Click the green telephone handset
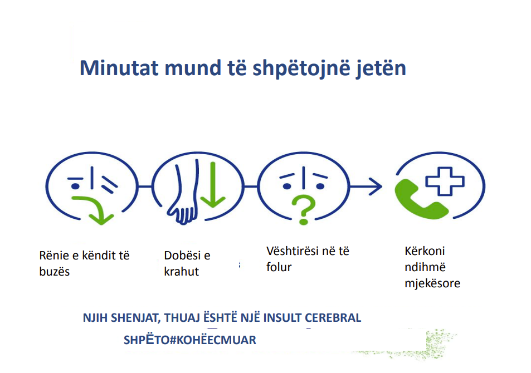click(420, 201)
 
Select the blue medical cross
click(445, 181)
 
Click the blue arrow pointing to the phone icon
click(366, 186)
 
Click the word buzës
click(55, 272)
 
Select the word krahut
click(182, 272)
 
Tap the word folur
click(279, 267)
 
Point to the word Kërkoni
click(425, 251)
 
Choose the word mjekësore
click(432, 283)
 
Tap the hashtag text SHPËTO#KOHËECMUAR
click(190, 340)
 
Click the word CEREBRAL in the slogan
click(333, 318)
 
